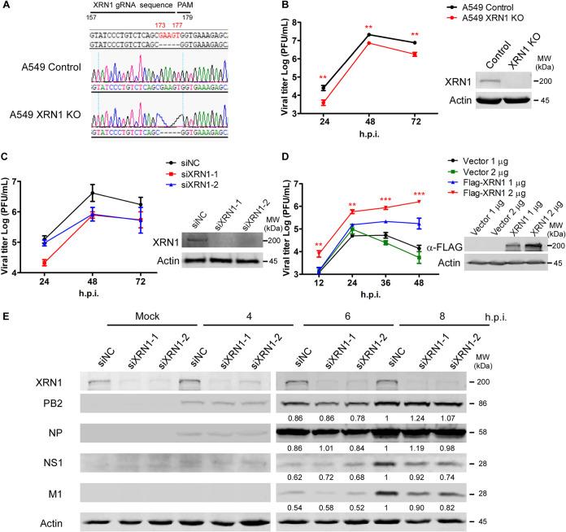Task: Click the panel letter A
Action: pyautogui.click(x=6, y=6)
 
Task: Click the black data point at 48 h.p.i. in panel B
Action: pyautogui.click(x=370, y=35)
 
